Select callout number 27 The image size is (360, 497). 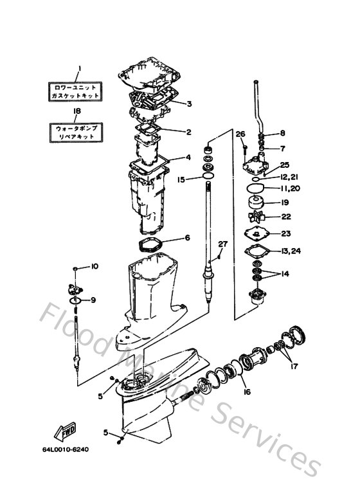coord(222,244)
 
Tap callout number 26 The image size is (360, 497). coord(241,134)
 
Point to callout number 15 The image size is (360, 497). coord(181,179)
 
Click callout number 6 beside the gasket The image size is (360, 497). coord(187,237)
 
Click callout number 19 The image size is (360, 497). coord(283,203)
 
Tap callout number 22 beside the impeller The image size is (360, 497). coord(286,217)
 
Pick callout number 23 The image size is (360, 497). coord(286,233)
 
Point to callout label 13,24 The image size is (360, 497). coord(291,251)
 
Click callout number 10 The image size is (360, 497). coord(94,266)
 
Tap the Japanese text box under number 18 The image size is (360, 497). coord(76,133)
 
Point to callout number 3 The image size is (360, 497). coord(189,103)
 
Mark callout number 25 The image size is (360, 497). coord(284,165)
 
